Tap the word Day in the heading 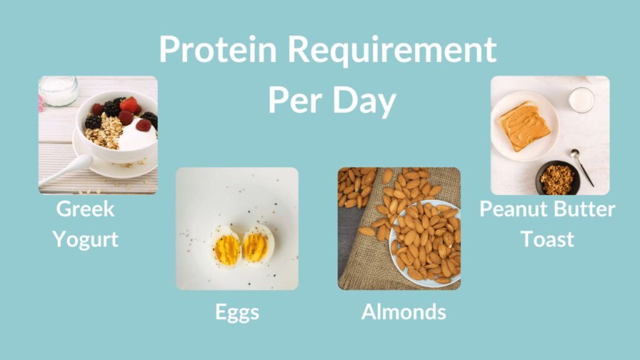(364, 100)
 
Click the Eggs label (237, 312)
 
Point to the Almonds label (404, 311)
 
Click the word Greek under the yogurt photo (86, 209)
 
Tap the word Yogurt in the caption (86, 238)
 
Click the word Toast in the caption (547, 238)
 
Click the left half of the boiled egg (227, 247)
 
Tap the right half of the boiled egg (257, 246)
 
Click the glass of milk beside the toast (581, 100)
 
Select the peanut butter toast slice (524, 125)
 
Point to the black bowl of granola (557, 178)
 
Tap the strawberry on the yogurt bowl (129, 104)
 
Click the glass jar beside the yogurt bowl (58, 91)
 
